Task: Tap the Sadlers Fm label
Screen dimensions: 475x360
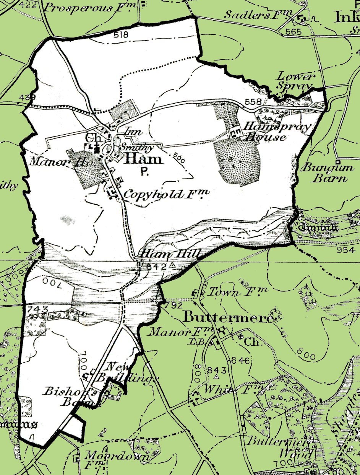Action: pos(258,15)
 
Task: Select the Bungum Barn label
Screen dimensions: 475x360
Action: pos(325,173)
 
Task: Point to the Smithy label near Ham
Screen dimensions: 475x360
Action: pos(137,147)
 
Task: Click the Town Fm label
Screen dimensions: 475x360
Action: pos(237,292)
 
